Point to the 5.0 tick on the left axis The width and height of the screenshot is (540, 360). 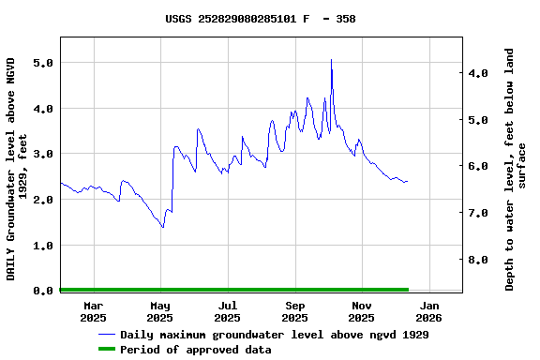(x=42, y=63)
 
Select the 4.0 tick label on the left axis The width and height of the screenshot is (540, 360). (x=42, y=109)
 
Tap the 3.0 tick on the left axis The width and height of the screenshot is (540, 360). (x=42, y=154)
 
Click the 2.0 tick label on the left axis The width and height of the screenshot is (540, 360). (x=42, y=200)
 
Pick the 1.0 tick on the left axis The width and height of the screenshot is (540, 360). (x=42, y=246)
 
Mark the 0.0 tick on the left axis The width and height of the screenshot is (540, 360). (x=42, y=291)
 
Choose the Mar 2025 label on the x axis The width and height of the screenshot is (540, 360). (x=94, y=311)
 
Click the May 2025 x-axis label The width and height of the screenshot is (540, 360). (x=160, y=311)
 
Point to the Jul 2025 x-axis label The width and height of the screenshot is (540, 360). (x=228, y=311)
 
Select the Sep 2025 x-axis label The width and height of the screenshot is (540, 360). (x=295, y=311)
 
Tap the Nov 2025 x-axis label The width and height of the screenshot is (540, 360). (x=363, y=311)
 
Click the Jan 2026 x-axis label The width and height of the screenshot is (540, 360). (x=429, y=311)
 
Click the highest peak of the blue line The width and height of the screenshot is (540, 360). (x=331, y=61)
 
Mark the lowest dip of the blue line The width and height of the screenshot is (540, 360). (x=162, y=227)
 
